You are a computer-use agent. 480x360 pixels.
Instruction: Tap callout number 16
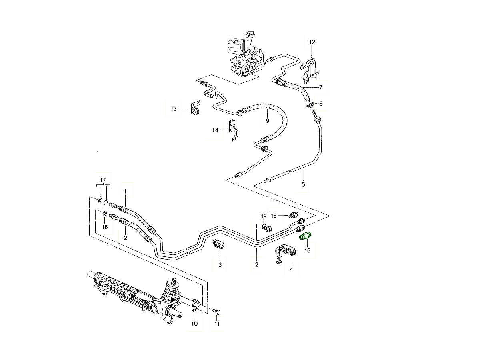(x=307, y=251)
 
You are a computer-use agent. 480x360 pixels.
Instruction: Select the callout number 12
(x=312, y=42)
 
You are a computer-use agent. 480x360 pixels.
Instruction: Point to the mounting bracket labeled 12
(x=311, y=68)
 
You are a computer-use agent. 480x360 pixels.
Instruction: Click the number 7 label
(x=320, y=87)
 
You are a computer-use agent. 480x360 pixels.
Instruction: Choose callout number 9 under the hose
(x=267, y=120)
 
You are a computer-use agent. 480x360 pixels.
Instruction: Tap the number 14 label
(x=215, y=130)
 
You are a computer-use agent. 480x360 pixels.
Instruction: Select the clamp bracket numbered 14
(x=233, y=131)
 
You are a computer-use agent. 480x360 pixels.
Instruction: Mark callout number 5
(x=303, y=184)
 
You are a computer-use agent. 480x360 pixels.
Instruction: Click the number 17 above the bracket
(x=103, y=180)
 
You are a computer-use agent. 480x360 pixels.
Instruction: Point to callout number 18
(x=104, y=227)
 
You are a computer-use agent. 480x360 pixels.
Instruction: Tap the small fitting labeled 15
(x=294, y=215)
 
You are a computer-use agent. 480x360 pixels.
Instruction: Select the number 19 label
(x=264, y=216)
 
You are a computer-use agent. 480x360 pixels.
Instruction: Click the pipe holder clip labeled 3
(x=219, y=244)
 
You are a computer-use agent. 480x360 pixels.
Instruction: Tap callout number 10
(x=194, y=324)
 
